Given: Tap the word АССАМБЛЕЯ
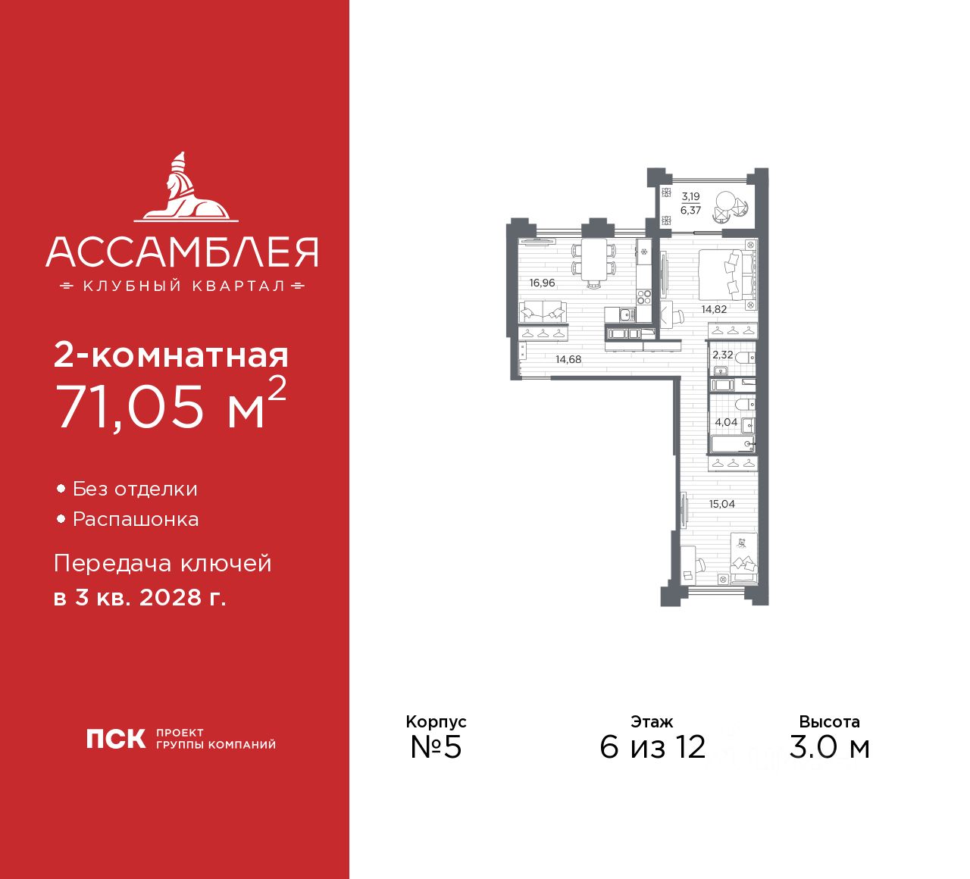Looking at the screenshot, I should click(182, 252).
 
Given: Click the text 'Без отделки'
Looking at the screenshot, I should click(135, 490).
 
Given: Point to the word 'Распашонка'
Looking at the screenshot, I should click(136, 520).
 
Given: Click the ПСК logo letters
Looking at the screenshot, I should click(115, 738).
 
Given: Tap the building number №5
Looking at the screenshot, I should click(436, 747).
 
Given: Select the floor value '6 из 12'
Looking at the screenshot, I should click(652, 747).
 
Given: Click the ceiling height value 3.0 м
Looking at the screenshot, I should click(829, 747).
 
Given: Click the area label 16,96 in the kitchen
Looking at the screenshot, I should click(543, 283).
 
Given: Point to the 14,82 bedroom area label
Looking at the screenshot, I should click(714, 309).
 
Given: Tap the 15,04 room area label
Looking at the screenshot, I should click(721, 504).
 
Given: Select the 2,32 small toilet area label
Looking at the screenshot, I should click(722, 355).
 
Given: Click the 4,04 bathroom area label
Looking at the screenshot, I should click(725, 422).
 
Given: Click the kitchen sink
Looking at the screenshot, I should click(626, 314).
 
